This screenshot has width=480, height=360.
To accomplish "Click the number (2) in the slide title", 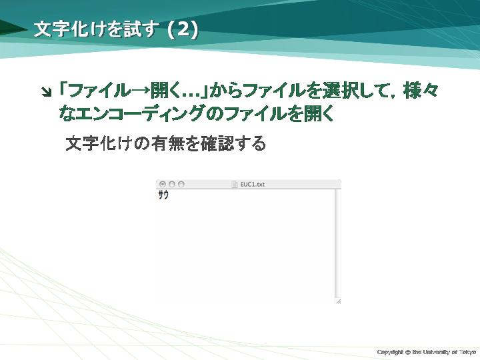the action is coord(183,30).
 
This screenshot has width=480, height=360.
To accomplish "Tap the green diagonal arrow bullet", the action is coord(47,91).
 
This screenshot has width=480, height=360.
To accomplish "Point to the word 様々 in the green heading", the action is coord(421,91).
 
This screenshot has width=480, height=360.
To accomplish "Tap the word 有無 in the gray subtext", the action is coord(167,143).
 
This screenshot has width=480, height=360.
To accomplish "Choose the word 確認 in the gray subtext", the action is coord(217,143).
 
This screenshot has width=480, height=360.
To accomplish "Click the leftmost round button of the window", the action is coord(163,184).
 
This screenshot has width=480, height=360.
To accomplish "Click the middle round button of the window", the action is coord(172,184).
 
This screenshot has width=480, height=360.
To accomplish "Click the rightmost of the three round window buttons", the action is coord(181,184).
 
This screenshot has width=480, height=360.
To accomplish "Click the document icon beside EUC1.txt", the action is coord(235,184).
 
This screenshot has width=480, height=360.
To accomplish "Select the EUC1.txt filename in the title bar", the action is coord(252,184).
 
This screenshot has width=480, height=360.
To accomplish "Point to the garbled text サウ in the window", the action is coord(163,195).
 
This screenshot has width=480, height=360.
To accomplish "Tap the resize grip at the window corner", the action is coord(338,301).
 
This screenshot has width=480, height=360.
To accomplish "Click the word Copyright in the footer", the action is coord(390,352).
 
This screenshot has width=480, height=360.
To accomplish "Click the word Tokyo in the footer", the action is coord(467,352).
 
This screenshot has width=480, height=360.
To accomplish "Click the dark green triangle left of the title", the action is coord(12,29).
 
